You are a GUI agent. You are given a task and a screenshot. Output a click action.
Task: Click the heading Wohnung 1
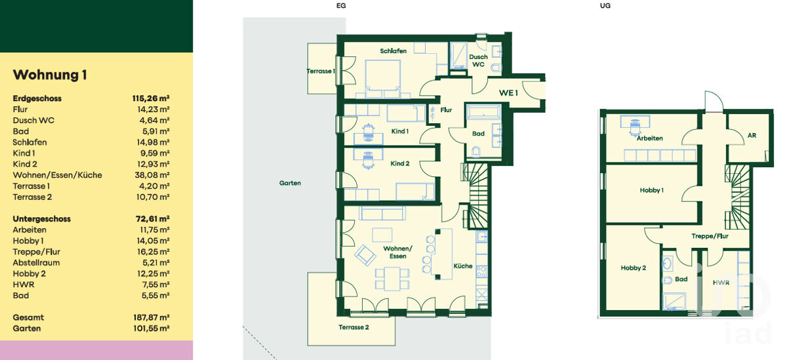tap(50, 75)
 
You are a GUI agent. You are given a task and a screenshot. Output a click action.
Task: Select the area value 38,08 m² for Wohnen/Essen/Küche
tap(152, 175)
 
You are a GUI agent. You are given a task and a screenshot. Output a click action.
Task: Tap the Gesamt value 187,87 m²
tap(151, 317)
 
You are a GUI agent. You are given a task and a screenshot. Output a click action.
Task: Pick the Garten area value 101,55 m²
tap(151, 329)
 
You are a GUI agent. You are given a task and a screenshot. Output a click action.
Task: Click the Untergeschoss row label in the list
tap(41, 219)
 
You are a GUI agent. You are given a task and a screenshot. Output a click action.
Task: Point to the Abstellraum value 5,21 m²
tap(155, 263)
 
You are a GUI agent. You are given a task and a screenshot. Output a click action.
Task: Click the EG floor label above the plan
tap(341, 6)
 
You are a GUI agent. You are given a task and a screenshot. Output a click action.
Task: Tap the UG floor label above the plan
tap(605, 6)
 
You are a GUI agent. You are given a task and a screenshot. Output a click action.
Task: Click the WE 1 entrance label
tap(508, 92)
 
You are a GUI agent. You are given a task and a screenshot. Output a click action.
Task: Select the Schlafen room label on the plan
tap(393, 51)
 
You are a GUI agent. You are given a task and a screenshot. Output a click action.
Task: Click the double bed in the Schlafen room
tap(382, 79)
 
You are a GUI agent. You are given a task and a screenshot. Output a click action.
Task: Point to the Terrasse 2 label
tap(353, 327)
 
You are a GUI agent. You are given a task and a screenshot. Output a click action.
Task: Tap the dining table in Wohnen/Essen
tap(392, 279)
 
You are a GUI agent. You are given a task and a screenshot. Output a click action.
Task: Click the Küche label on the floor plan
tap(463, 266)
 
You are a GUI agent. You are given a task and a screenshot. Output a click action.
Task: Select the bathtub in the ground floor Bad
tap(483, 111)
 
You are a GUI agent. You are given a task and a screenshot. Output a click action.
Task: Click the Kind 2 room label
tap(400, 163)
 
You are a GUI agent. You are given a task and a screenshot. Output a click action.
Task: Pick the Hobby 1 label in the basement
tap(651, 190)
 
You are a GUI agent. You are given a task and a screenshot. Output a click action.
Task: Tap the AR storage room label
tap(752, 135)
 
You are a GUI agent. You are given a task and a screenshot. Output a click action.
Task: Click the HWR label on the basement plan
tap(721, 283)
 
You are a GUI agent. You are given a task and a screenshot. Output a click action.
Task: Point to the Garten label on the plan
tap(290, 183)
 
